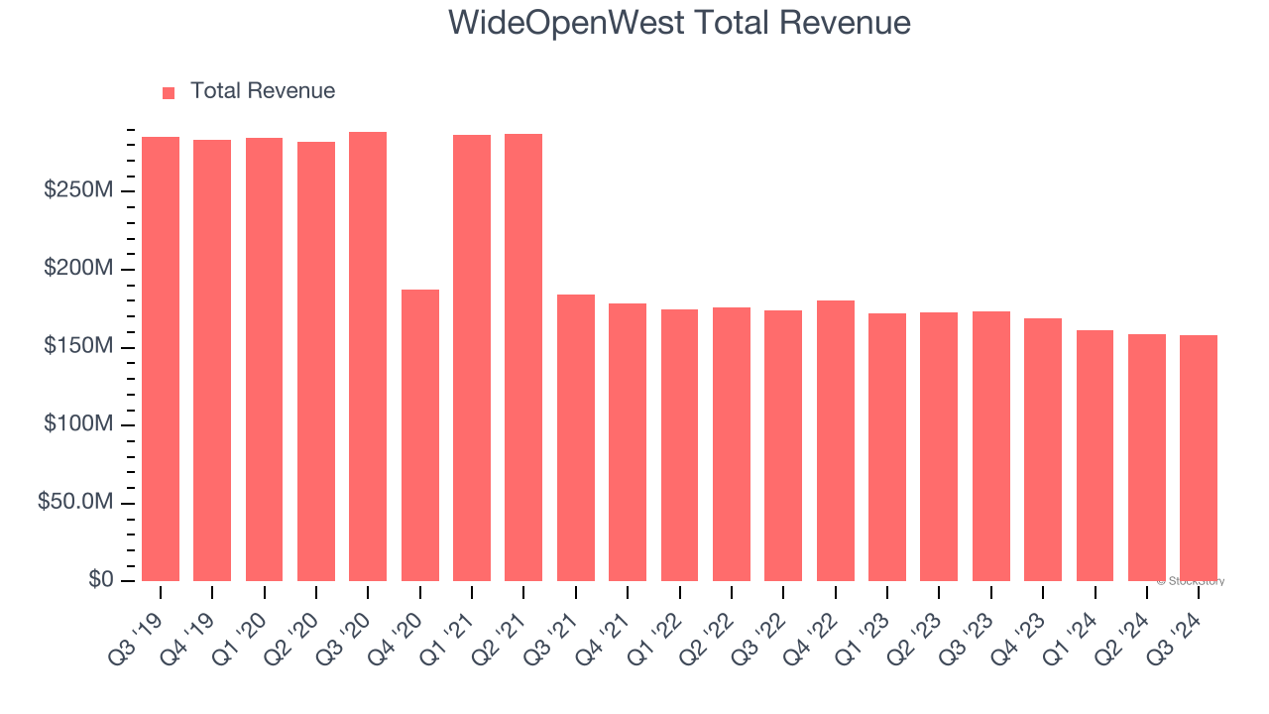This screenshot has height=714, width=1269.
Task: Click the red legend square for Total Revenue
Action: point(169,92)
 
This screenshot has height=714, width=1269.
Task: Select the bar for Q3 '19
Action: point(161,359)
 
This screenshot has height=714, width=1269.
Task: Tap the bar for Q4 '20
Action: point(420,435)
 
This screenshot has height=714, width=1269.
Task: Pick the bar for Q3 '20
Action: point(368,357)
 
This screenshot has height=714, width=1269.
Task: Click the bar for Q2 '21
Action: point(523,358)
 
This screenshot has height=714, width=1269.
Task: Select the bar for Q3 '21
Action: point(576,437)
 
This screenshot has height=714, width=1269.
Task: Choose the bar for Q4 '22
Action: point(836,440)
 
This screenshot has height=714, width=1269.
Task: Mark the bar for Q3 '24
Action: point(1199,458)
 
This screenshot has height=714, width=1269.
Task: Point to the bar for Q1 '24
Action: point(1095,455)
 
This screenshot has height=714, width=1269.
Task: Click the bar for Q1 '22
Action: point(680,445)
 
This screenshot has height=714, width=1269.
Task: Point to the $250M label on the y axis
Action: point(78,190)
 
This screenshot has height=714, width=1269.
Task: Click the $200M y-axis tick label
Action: point(78,269)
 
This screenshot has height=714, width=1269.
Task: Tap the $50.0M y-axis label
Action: point(75,503)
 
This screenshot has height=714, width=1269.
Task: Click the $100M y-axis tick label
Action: point(78,424)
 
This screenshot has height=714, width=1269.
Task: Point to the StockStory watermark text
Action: point(1191,581)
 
